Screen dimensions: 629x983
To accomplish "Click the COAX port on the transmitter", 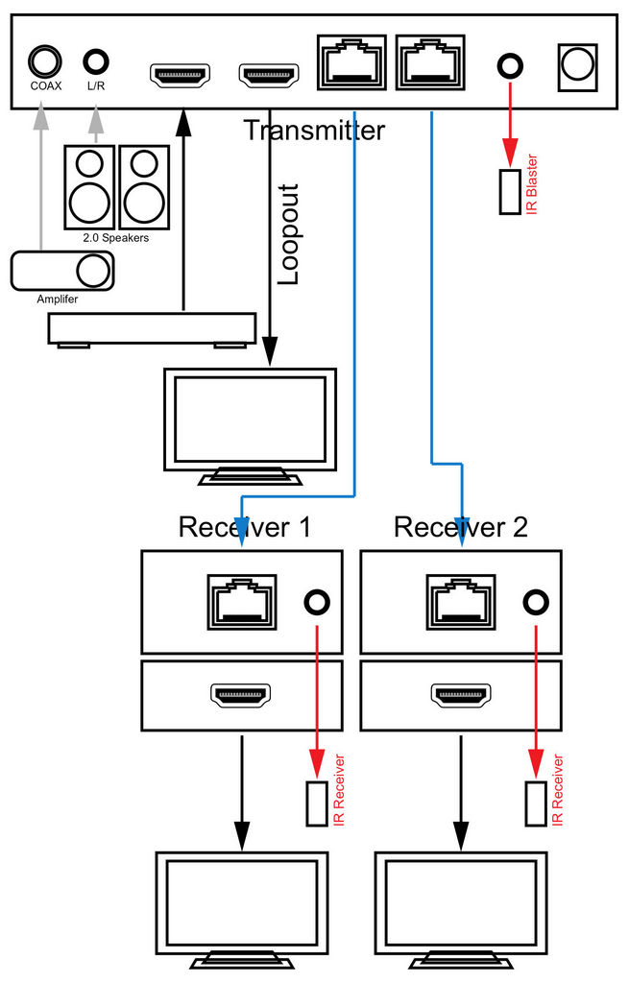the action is (x=44, y=62).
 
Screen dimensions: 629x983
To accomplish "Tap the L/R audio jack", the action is (x=96, y=62).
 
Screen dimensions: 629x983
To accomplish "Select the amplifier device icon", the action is (x=62, y=271).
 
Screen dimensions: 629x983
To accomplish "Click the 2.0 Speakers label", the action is (x=116, y=238).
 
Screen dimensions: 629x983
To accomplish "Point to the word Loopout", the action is (x=288, y=234).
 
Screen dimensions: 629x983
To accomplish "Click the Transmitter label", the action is (x=314, y=131).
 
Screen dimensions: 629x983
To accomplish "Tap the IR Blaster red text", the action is (x=532, y=184).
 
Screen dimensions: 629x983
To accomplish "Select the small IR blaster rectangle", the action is (x=510, y=192).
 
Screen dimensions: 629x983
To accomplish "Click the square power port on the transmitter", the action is (x=577, y=66).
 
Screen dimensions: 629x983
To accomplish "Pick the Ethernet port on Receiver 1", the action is (x=242, y=603).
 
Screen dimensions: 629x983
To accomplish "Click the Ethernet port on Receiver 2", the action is (x=461, y=603).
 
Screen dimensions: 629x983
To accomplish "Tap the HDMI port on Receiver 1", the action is (x=241, y=695).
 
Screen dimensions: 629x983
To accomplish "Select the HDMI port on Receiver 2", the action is (x=461, y=695).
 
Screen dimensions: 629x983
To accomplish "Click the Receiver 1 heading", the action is (x=245, y=527).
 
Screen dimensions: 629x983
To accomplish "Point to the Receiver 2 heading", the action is (x=461, y=527).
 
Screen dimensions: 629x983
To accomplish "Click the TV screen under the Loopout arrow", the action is (x=251, y=420).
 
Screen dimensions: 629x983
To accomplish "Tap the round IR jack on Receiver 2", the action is (x=536, y=602).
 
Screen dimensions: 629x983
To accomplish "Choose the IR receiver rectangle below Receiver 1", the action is (x=317, y=803).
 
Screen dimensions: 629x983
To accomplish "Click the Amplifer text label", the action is (x=57, y=300).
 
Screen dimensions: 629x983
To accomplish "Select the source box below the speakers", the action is (x=152, y=329).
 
